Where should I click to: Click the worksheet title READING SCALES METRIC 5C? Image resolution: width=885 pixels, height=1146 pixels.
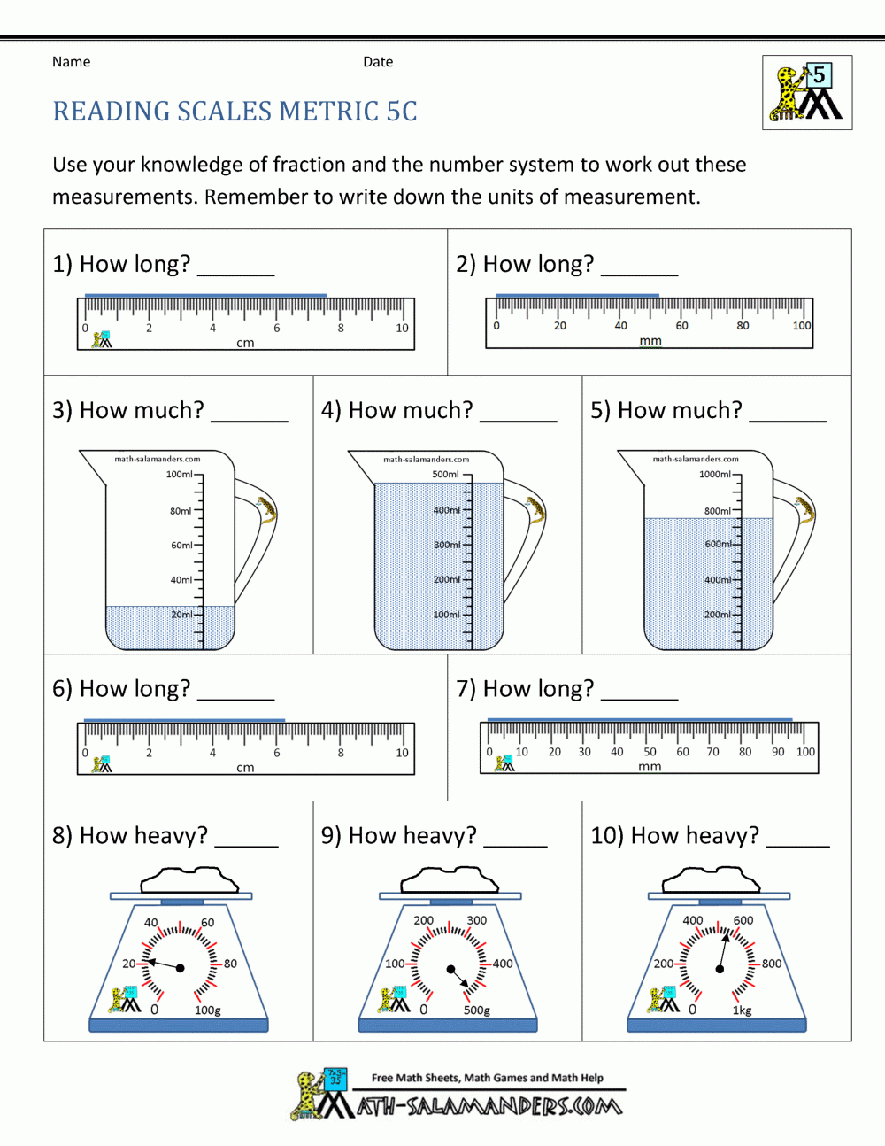tap(235, 112)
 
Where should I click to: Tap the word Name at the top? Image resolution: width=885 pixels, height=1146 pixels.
tap(71, 62)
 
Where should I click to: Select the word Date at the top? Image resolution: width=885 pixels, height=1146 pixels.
tap(378, 62)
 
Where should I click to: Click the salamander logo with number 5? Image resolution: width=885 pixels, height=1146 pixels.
tap(806, 93)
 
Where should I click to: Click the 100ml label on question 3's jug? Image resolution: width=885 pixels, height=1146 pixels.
tap(179, 475)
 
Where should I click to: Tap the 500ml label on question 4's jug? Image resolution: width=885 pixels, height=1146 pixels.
tap(445, 475)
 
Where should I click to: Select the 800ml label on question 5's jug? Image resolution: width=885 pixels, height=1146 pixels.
tap(717, 511)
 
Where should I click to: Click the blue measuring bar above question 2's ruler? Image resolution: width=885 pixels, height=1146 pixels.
tap(577, 295)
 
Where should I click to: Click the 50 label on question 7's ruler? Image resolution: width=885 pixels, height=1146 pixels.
tap(650, 752)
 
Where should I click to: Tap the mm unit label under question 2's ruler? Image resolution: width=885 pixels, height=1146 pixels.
tap(650, 341)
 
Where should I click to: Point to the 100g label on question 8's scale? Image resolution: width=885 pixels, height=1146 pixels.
tap(208, 1010)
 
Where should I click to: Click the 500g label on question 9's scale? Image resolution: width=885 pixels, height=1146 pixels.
tap(477, 1010)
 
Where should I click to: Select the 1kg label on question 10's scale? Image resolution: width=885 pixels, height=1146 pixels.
tap(742, 1010)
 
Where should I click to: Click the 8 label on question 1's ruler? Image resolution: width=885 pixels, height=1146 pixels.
tap(341, 329)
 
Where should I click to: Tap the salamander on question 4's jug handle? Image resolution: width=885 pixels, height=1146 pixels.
tap(535, 510)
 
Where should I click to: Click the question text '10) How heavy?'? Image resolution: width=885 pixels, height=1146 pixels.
tap(674, 835)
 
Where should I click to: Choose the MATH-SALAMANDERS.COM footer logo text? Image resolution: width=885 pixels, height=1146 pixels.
tap(489, 1106)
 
